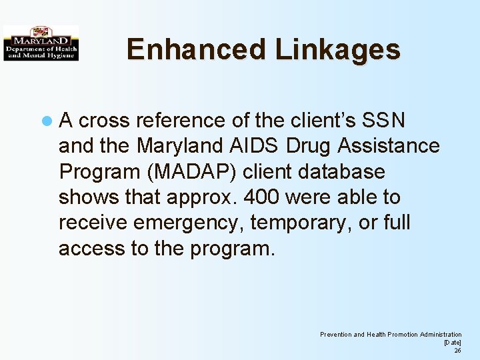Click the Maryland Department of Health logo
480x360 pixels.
click(41, 43)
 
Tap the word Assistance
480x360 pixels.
click(389, 146)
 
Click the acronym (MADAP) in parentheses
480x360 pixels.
click(195, 172)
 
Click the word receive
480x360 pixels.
click(93, 223)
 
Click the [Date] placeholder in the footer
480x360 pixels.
click(453, 342)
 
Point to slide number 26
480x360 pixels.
click(457, 350)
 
